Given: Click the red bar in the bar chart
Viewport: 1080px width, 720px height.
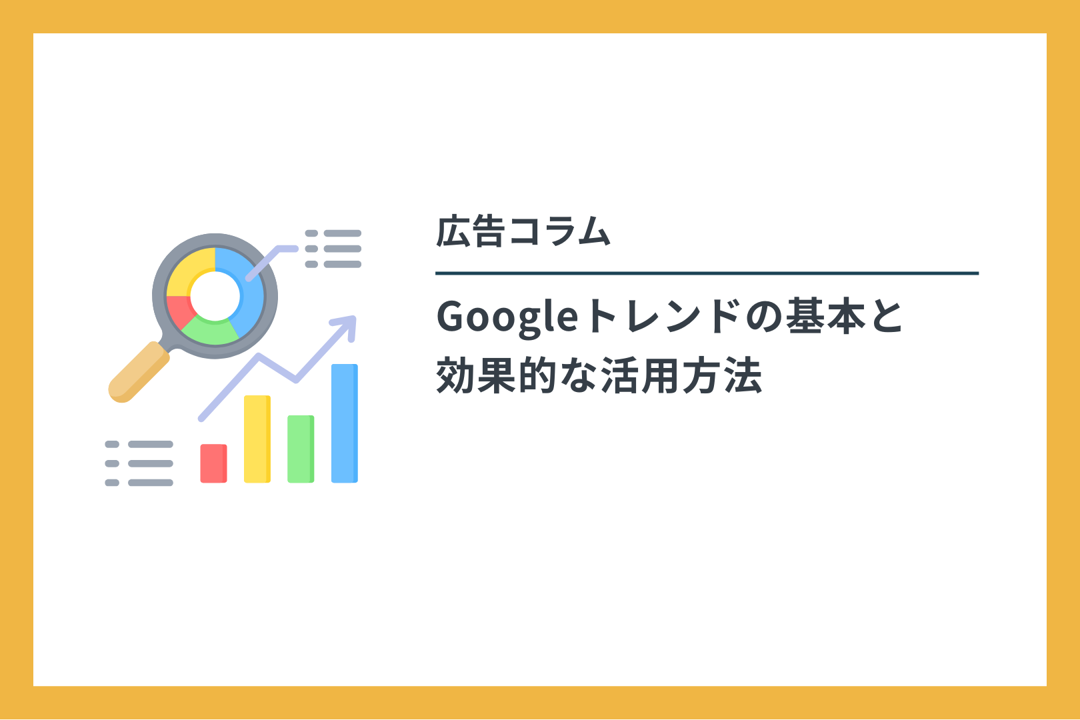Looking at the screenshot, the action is pos(213,463).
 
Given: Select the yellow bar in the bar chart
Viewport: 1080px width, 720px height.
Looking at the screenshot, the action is pos(257,439).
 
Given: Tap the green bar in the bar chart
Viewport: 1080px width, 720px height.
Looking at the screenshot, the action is pos(301,449).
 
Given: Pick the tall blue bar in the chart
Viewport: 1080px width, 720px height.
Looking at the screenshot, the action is pos(344,423).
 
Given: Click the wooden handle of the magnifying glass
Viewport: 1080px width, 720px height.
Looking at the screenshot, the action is pos(139,372).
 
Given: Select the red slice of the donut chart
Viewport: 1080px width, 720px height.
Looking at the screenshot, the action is pos(179,310).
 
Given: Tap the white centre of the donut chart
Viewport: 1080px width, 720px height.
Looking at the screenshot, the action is pos(215,295).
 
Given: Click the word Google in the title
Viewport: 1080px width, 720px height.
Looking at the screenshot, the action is pos(507,317).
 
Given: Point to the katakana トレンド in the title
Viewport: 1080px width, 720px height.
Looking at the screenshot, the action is pos(663,316).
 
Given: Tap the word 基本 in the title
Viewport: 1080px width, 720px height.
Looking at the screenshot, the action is pos(825,316).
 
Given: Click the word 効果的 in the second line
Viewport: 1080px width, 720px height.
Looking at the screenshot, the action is pos(497,375).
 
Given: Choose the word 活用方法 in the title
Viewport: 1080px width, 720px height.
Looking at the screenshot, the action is pos(681,375).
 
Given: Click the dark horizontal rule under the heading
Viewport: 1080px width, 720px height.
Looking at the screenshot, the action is pos(707,273).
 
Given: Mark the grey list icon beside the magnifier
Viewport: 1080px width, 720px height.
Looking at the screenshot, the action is pos(333,249).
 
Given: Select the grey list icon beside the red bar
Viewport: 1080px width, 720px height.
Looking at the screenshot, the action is pos(139,463).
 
